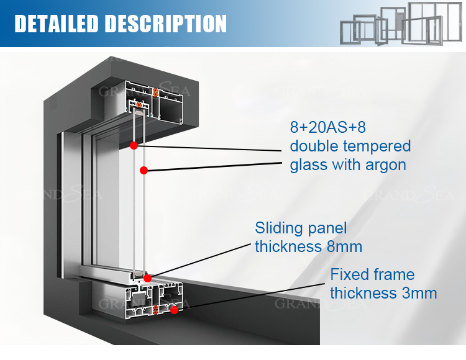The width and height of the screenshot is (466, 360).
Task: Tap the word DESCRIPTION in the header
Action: tap(165, 24)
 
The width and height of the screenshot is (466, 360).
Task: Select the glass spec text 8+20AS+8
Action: tap(328, 128)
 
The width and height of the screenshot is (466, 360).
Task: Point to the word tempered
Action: tap(380, 146)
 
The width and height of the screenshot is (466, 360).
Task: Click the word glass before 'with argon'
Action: tap(311, 165)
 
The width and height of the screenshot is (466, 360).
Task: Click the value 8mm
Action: tap(344, 246)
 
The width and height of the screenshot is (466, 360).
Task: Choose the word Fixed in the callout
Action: tap(350, 274)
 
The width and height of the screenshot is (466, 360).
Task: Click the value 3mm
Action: tap(419, 293)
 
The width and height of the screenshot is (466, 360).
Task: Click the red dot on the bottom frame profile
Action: tap(175, 309)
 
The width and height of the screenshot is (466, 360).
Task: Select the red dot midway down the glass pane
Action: tap(144, 169)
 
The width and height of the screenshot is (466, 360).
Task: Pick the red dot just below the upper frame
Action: tap(134, 145)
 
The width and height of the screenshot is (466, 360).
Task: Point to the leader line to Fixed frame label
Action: tap(249, 301)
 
